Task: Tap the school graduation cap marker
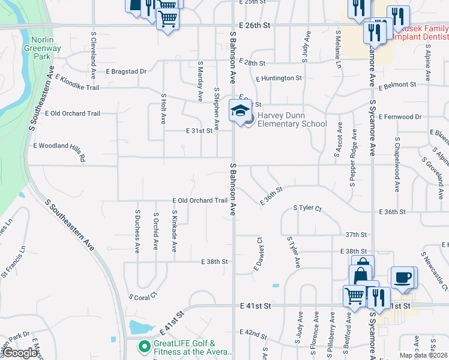pyautogui.click(x=240, y=111)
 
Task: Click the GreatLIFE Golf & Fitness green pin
pyautogui.click(x=144, y=347)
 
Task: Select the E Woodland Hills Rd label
pyautogui.click(x=59, y=151)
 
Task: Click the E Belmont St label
pyautogui.click(x=403, y=86)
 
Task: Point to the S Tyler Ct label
pyautogui.click(x=307, y=208)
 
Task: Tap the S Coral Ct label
pyautogui.click(x=143, y=295)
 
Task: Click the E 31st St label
pyautogui.click(x=199, y=130)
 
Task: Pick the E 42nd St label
pyautogui.click(x=252, y=332)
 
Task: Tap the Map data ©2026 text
pyautogui.click(x=423, y=355)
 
